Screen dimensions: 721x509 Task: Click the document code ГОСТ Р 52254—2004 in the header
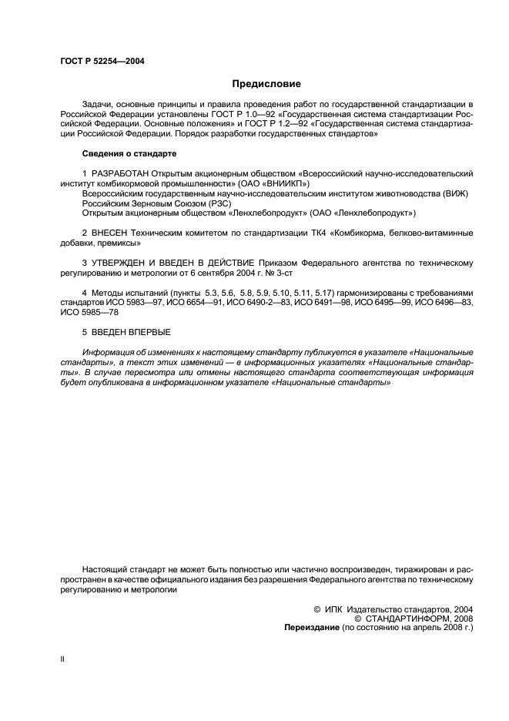pyautogui.click(x=102, y=60)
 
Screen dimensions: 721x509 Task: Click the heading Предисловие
pyautogui.click(x=266, y=84)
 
